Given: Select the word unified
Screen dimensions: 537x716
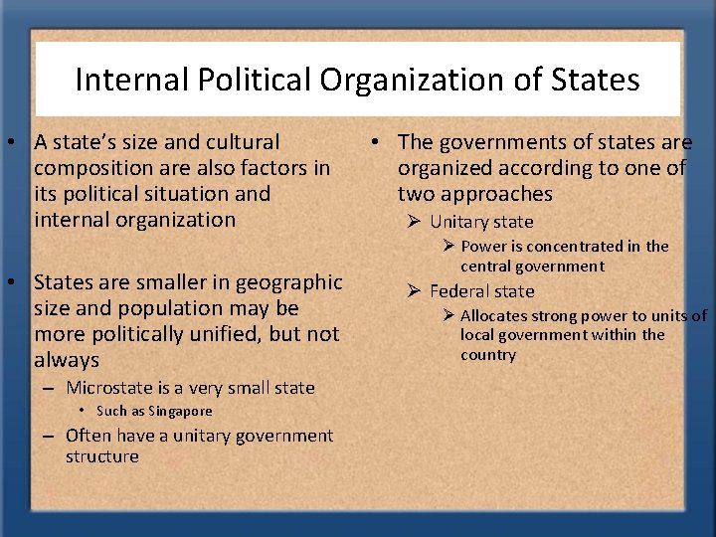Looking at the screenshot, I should [x=223, y=334].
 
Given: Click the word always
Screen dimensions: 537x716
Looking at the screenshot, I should [x=67, y=360].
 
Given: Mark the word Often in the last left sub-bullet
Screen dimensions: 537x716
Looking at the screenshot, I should [x=88, y=435].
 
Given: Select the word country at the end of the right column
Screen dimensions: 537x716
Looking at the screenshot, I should [x=488, y=355].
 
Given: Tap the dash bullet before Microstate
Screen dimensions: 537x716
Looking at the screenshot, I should [x=48, y=388].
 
